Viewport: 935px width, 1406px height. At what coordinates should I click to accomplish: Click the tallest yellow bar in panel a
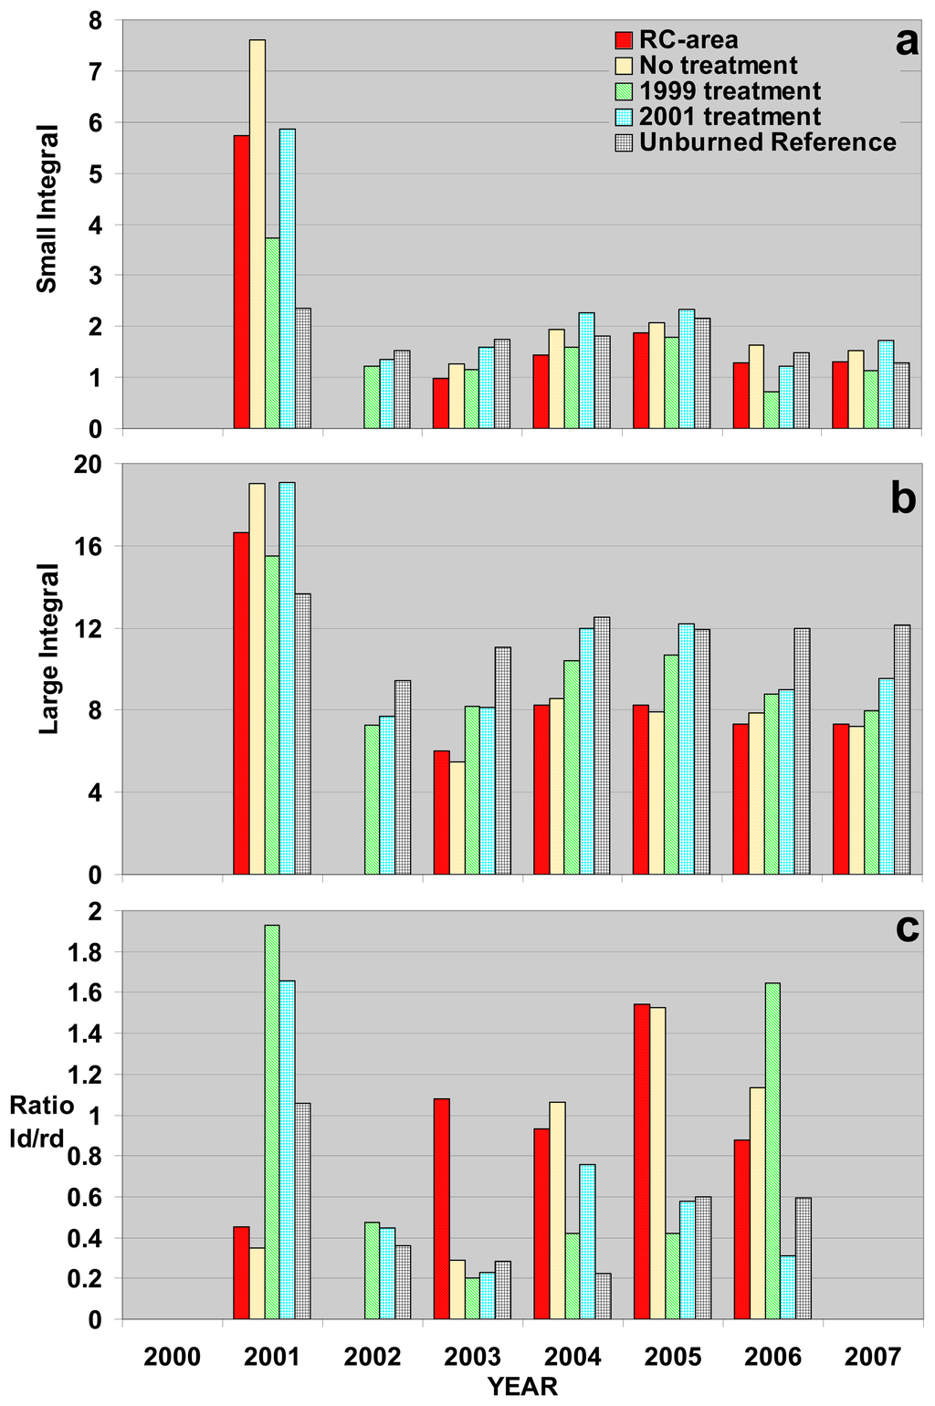tap(257, 234)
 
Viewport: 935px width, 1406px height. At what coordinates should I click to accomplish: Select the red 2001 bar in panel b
tap(241, 703)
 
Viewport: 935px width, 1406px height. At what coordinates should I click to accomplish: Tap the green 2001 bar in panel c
tap(272, 1122)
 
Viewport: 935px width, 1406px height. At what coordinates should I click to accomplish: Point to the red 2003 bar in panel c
tap(442, 1209)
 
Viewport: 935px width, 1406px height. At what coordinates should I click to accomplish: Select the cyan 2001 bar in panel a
tap(288, 278)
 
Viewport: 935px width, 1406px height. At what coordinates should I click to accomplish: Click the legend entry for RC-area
tap(677, 40)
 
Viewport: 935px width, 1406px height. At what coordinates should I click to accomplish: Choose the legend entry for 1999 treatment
tap(719, 91)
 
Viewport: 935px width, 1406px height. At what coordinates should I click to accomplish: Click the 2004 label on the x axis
tap(573, 1357)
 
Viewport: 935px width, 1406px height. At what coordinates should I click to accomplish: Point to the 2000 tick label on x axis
tap(172, 1357)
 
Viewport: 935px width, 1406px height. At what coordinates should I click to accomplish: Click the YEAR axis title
tap(522, 1387)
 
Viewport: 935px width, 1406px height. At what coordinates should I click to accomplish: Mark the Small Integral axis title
tap(47, 209)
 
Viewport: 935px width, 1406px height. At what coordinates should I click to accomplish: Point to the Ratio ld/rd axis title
tap(42, 1119)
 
